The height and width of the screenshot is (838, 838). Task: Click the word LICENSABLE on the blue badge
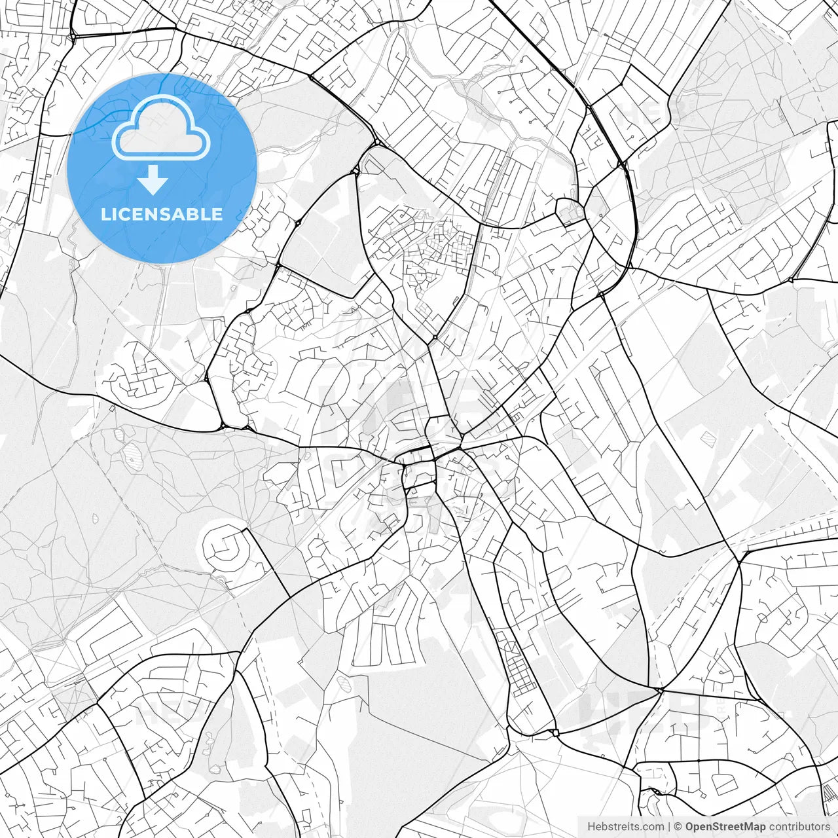pyautogui.click(x=162, y=214)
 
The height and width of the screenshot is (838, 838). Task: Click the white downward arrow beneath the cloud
pyautogui.click(x=153, y=180)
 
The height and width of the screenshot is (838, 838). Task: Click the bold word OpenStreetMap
pyautogui.click(x=725, y=826)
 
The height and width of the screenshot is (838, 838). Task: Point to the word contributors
pyautogui.click(x=799, y=826)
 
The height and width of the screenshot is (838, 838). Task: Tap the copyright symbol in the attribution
pyautogui.click(x=678, y=826)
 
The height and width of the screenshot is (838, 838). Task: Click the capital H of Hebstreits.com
pyautogui.click(x=591, y=826)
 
